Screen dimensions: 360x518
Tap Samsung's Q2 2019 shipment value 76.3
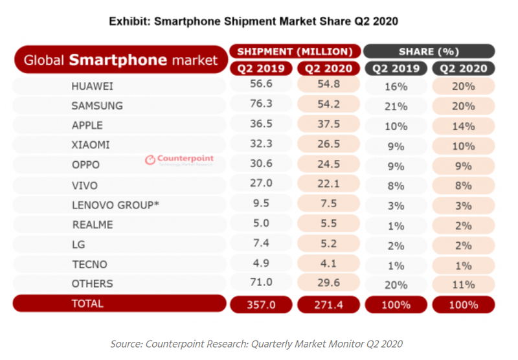click(x=261, y=105)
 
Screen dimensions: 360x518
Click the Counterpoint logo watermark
click(x=179, y=159)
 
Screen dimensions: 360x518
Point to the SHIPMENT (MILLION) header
click(x=294, y=51)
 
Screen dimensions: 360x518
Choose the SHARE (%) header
click(x=429, y=51)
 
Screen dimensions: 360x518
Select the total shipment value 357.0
click(x=261, y=304)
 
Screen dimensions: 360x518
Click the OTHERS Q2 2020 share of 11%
click(x=463, y=284)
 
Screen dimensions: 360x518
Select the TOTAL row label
click(x=88, y=303)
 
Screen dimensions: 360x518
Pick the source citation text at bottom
click(x=258, y=343)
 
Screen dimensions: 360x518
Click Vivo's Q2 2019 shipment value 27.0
click(x=261, y=185)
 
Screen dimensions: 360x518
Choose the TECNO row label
click(x=89, y=264)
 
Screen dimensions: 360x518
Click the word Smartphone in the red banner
click(x=118, y=60)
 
